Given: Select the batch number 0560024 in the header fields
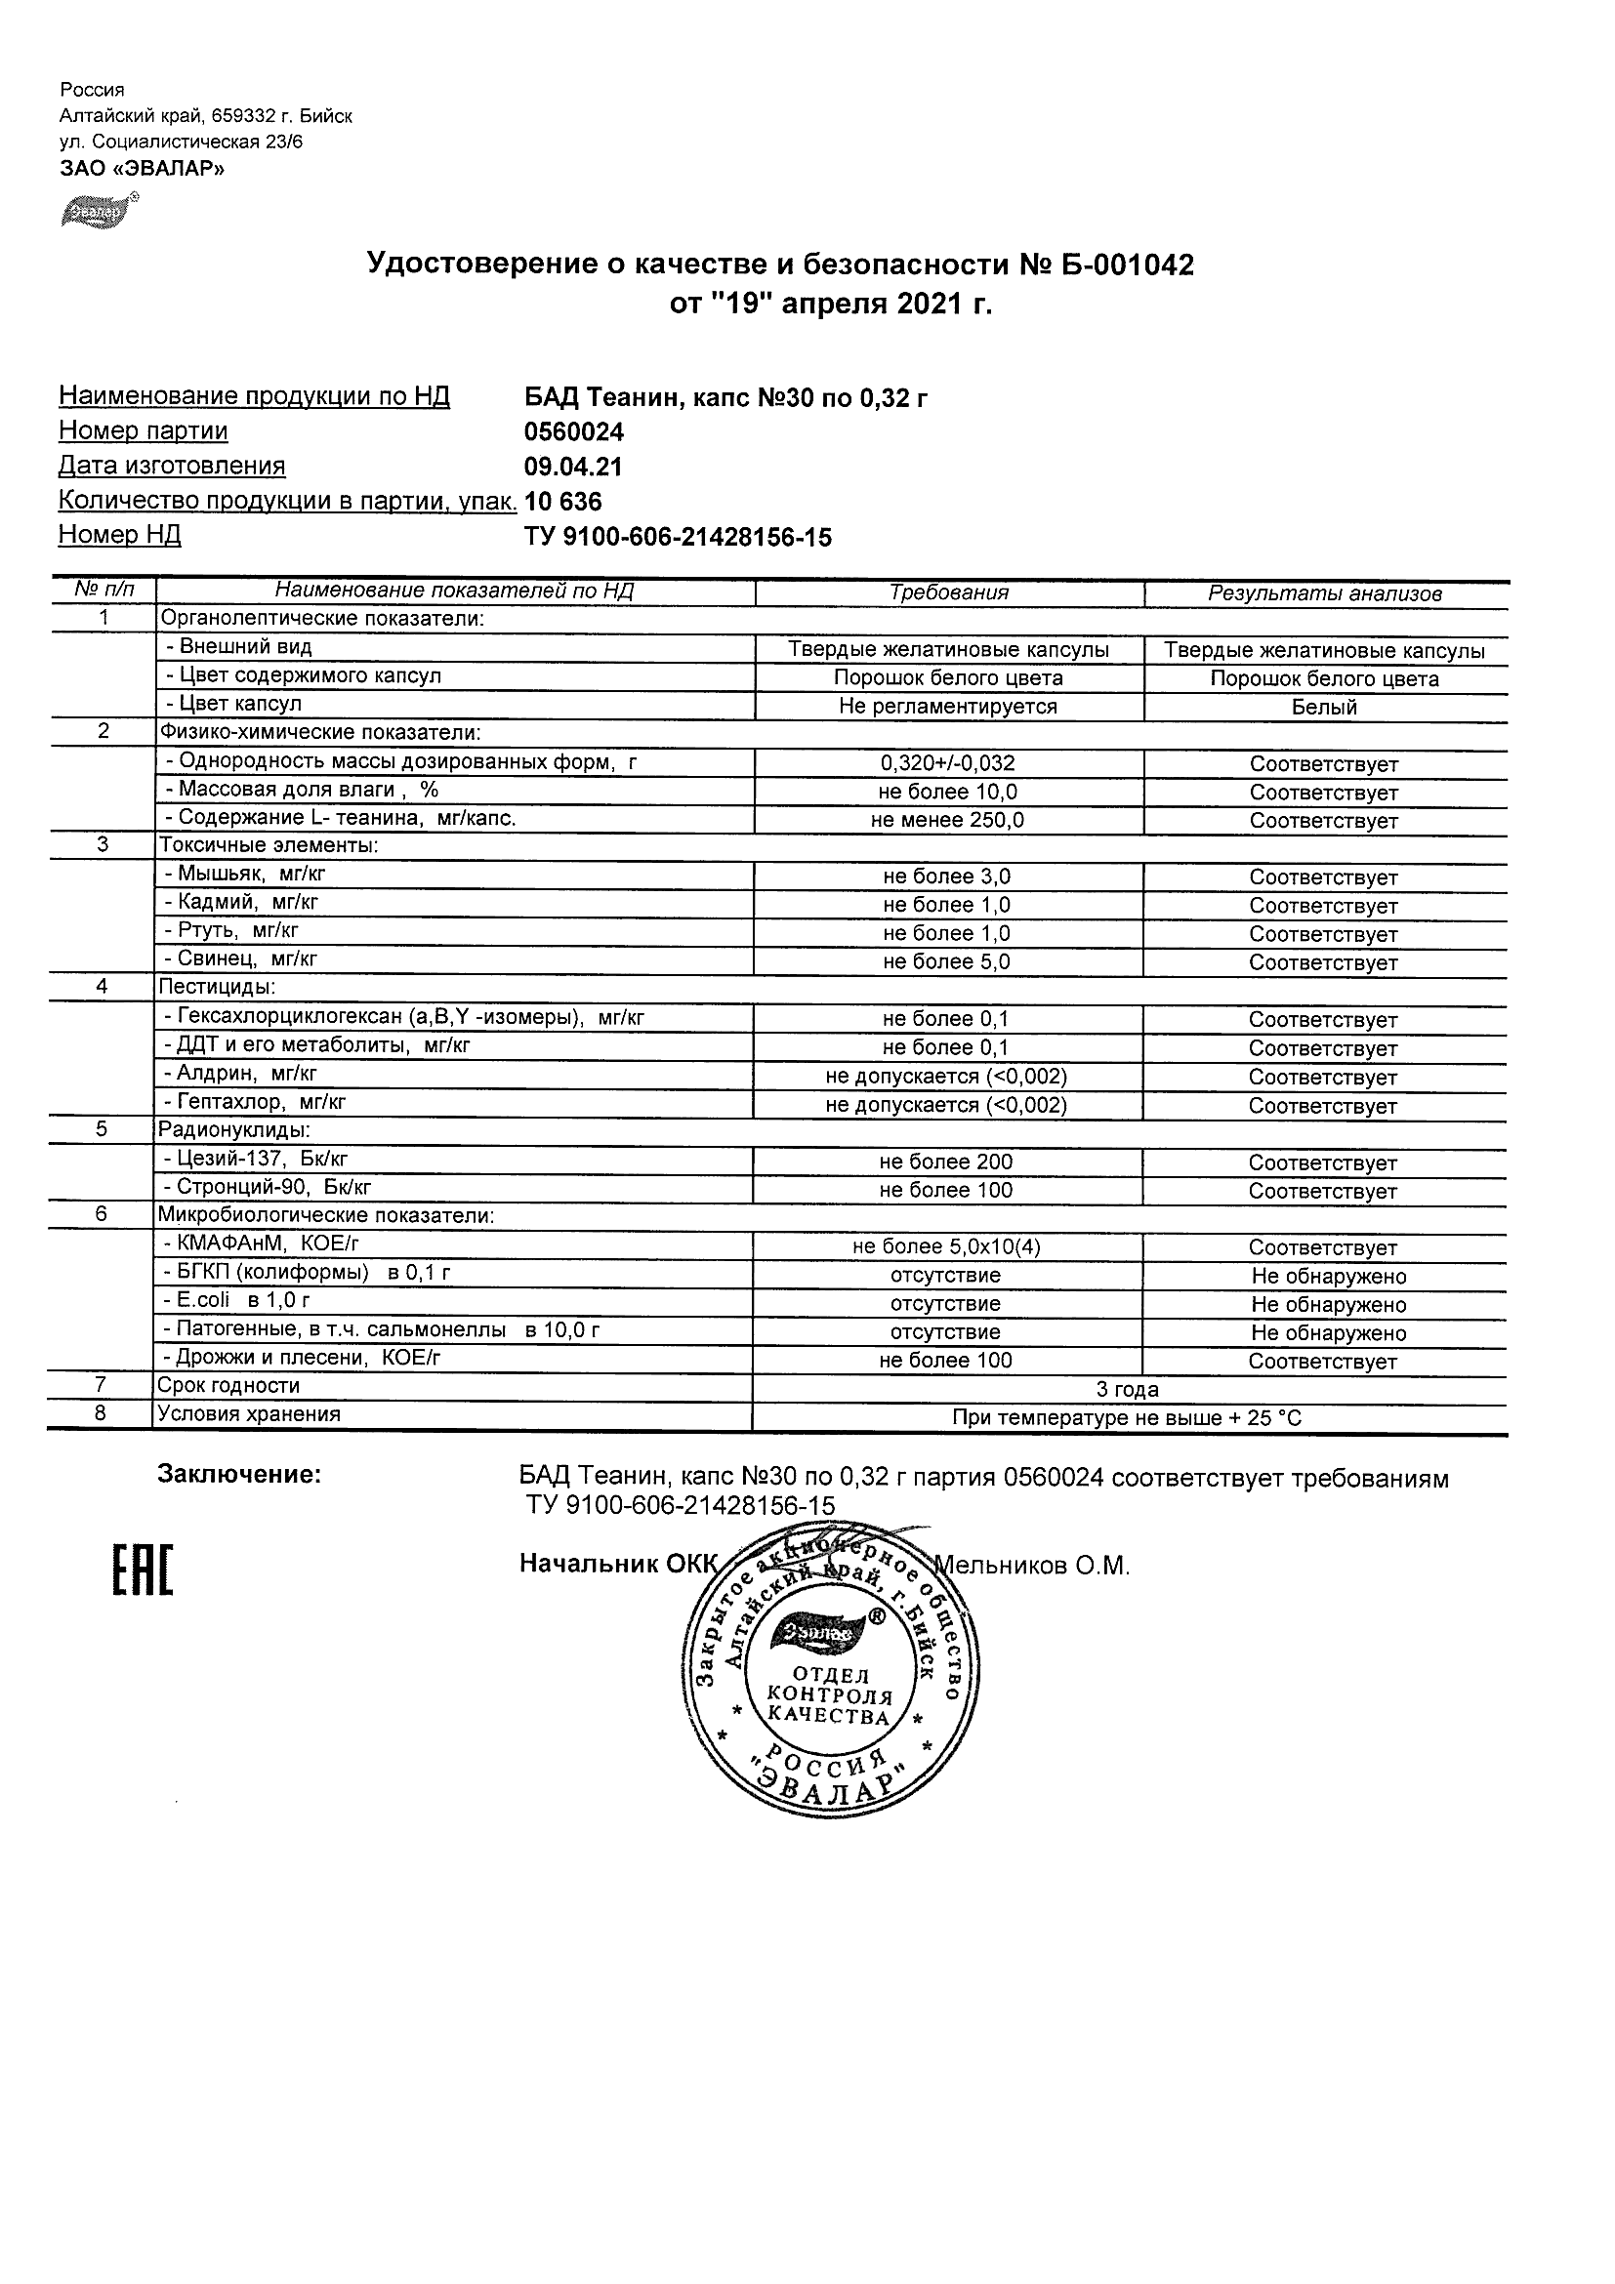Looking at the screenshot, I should pyautogui.click(x=573, y=431).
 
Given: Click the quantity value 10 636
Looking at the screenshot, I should pyautogui.click(x=563, y=502).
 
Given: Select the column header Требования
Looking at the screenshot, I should pyautogui.click(x=948, y=592).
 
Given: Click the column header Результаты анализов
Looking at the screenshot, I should pyautogui.click(x=1324, y=593).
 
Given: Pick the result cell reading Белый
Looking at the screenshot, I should pyautogui.click(x=1324, y=708).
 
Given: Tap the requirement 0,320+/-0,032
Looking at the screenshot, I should pyautogui.click(x=947, y=764).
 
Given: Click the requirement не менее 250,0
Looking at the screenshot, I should pyautogui.click(x=947, y=821).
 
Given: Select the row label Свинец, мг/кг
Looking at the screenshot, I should pyautogui.click(x=241, y=958).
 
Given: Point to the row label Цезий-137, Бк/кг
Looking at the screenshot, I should pyautogui.click(x=256, y=1159).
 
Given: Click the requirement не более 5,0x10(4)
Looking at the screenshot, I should pyautogui.click(x=946, y=1247).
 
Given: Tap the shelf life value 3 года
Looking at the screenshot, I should pyautogui.click(x=1128, y=1390).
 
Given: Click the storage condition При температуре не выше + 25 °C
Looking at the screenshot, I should pyautogui.click(x=1128, y=1417).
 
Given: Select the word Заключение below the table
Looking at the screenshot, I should pyautogui.click(x=240, y=1475).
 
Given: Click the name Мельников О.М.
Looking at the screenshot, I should pyautogui.click(x=1035, y=1567).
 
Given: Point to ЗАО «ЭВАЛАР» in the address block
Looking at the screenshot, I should pyautogui.click(x=143, y=169).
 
